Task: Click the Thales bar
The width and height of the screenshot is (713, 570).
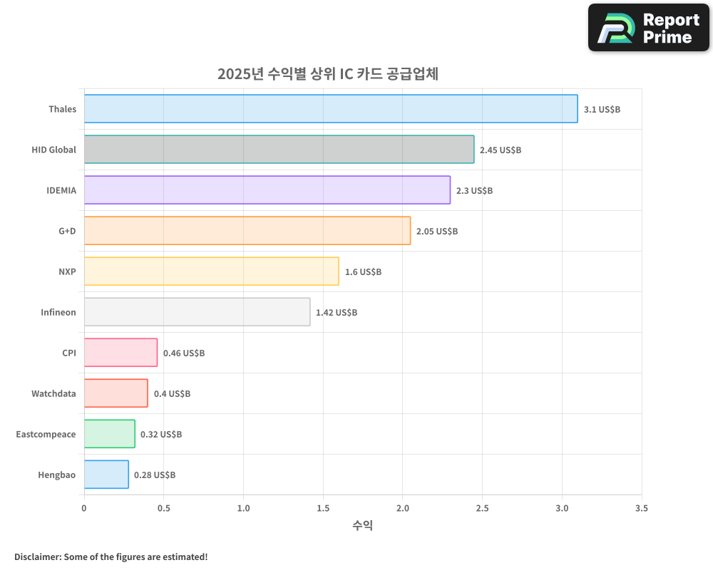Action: pyautogui.click(x=331, y=109)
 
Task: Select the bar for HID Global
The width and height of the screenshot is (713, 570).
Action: pyautogui.click(x=279, y=150)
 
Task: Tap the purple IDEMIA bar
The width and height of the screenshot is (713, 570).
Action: pyautogui.click(x=267, y=190)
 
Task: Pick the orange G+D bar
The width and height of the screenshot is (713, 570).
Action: pyautogui.click(x=247, y=231)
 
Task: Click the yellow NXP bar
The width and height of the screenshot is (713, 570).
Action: pyautogui.click(x=211, y=271)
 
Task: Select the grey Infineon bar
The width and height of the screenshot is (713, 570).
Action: pyautogui.click(x=197, y=312)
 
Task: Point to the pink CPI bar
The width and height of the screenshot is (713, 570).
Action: pyautogui.click(x=120, y=353)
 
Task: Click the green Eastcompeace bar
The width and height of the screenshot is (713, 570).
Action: pyautogui.click(x=109, y=434)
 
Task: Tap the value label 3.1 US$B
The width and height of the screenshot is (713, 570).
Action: pyautogui.click(x=602, y=110)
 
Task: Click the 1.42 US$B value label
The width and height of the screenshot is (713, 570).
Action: pyautogui.click(x=337, y=313)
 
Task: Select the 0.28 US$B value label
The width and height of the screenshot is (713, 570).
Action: pyautogui.click(x=155, y=475)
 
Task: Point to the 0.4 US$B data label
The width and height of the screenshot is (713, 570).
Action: pyautogui.click(x=172, y=394)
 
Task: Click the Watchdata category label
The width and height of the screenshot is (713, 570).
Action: pyautogui.click(x=53, y=393)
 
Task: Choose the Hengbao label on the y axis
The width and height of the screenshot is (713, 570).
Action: pyautogui.click(x=57, y=475)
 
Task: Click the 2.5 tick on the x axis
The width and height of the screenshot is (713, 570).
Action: pyautogui.click(x=482, y=509)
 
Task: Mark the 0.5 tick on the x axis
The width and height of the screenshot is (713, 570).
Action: pyautogui.click(x=163, y=509)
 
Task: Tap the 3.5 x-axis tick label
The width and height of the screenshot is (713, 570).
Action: pyautogui.click(x=641, y=509)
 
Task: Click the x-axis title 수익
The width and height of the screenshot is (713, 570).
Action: pyautogui.click(x=362, y=526)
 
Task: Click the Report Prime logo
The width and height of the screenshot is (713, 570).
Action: pyautogui.click(x=648, y=28)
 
